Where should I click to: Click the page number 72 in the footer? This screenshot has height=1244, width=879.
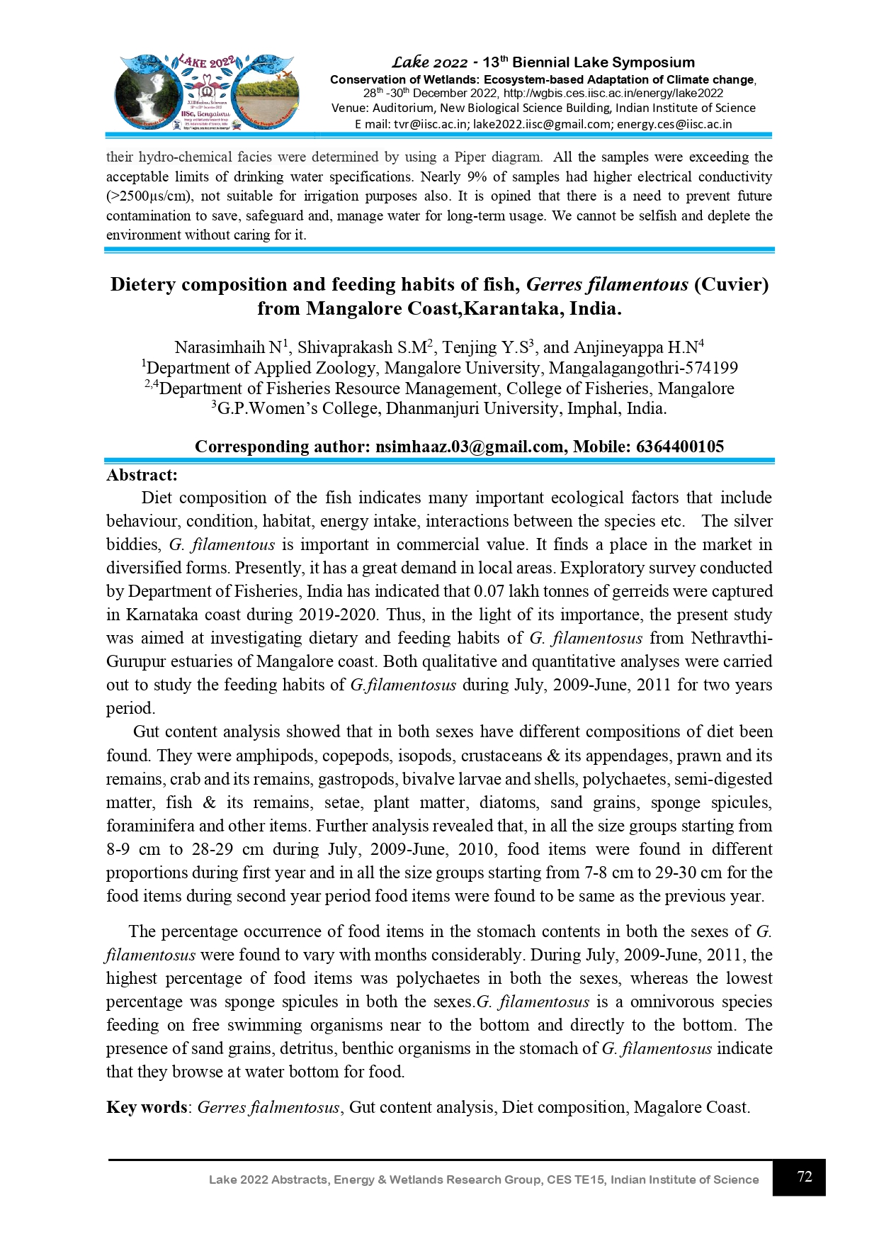click(x=804, y=1177)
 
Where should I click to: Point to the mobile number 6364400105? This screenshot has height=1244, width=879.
click(x=680, y=447)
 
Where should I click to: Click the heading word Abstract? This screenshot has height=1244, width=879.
click(x=142, y=475)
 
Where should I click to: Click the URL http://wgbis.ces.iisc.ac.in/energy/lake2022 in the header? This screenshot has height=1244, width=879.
click(x=613, y=93)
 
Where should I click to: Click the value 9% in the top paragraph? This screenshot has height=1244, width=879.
click(x=476, y=176)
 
